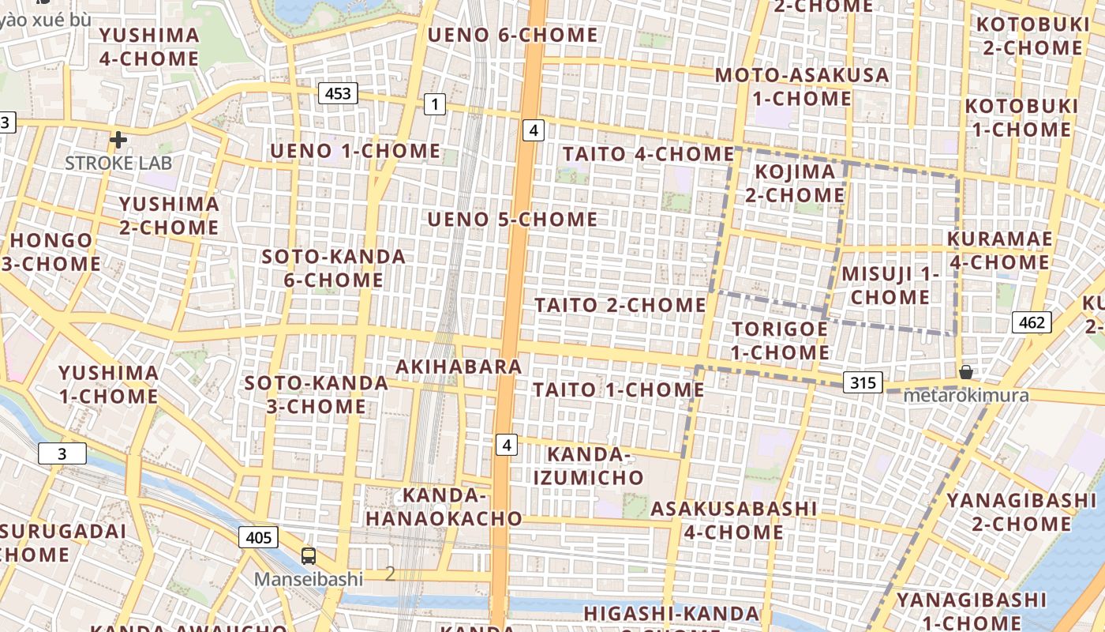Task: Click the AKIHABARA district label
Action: tap(459, 367)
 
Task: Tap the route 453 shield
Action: tap(338, 93)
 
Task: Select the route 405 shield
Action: tap(258, 538)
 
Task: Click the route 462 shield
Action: tap(1032, 322)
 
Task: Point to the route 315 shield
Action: tap(863, 383)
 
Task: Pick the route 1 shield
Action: tap(434, 103)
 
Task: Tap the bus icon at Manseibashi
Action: tap(309, 556)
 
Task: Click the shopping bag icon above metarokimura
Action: tap(965, 372)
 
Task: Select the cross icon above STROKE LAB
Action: tap(118, 141)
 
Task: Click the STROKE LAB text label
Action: tap(118, 164)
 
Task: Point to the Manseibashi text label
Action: tap(309, 579)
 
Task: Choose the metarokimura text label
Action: tap(965, 395)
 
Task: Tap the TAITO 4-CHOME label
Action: tap(648, 154)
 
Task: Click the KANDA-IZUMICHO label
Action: tap(588, 466)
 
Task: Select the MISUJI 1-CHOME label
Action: tap(890, 285)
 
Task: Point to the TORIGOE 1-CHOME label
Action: tap(780, 340)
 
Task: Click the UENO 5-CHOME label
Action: tap(512, 219)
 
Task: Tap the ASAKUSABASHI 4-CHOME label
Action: tap(733, 520)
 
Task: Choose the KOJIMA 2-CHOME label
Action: tap(795, 183)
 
